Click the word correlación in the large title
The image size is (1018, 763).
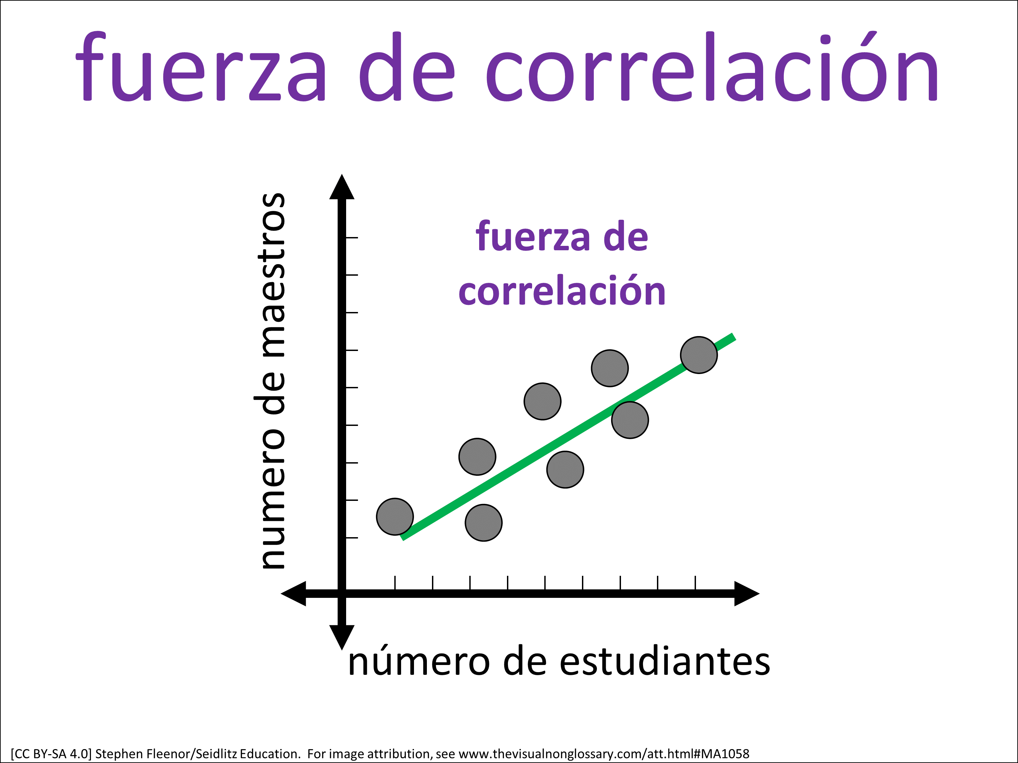[712, 67]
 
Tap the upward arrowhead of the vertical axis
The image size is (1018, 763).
[341, 187]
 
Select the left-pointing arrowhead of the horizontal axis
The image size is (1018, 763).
[293, 593]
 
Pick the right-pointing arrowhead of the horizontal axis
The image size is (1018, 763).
[747, 593]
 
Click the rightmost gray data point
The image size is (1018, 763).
[699, 355]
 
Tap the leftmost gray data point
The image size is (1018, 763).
[395, 516]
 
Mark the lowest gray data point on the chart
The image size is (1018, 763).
[483, 523]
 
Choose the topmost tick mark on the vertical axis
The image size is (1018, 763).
[352, 237]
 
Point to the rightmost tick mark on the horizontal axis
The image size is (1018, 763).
[695, 582]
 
